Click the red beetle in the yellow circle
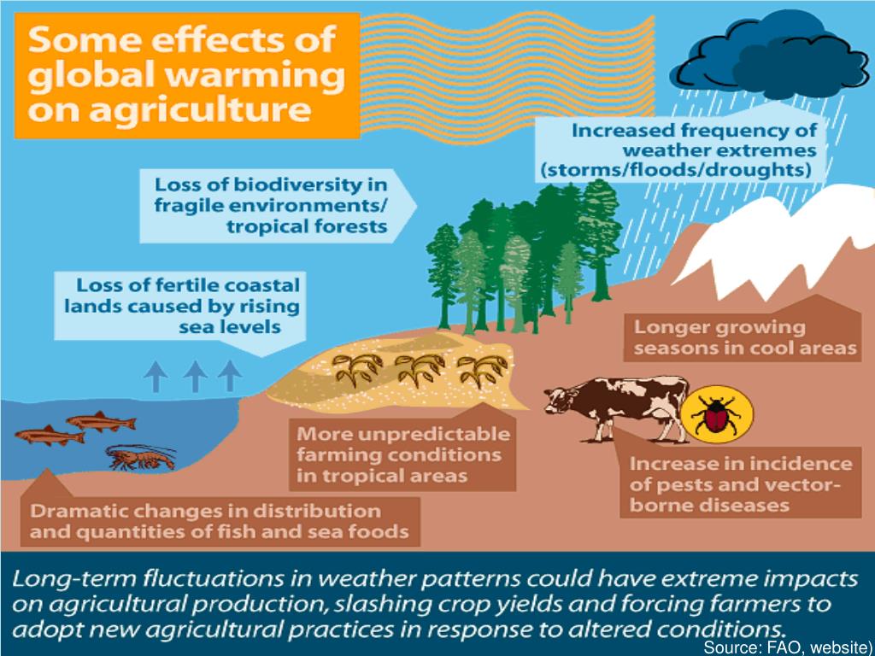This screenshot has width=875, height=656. point(716,416)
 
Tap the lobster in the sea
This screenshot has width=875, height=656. point(142,458)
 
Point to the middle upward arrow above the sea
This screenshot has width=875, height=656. point(195,376)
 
